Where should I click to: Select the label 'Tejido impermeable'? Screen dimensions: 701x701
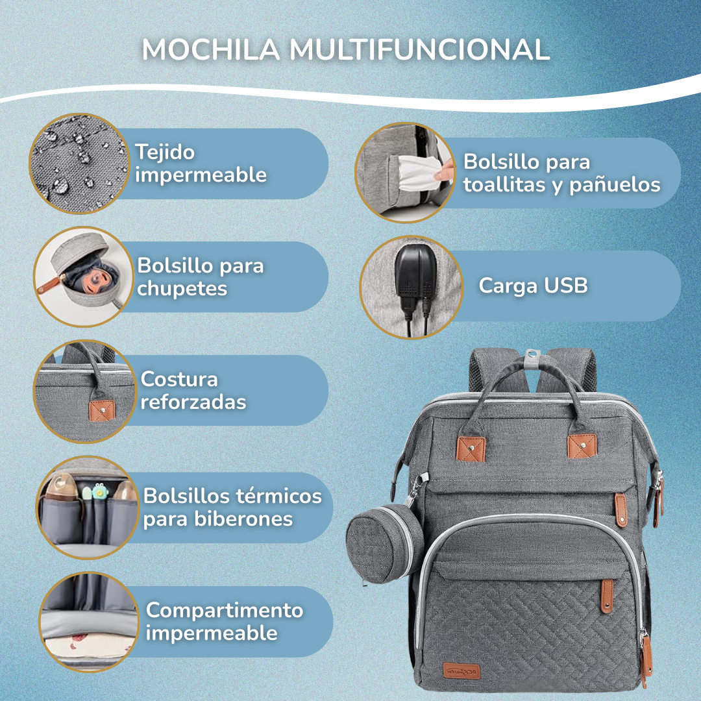click(x=201, y=164)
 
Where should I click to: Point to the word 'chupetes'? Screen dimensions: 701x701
click(x=182, y=288)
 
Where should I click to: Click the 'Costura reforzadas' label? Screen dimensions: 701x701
click(x=193, y=390)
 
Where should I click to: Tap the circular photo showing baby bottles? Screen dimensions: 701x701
click(x=87, y=507)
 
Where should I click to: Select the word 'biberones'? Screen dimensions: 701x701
click(x=218, y=519)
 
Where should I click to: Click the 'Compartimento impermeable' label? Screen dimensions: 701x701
click(x=224, y=621)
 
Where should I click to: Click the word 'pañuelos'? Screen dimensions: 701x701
click(x=615, y=185)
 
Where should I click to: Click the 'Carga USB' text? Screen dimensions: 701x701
click(x=533, y=285)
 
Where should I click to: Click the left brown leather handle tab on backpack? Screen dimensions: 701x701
click(x=472, y=447)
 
